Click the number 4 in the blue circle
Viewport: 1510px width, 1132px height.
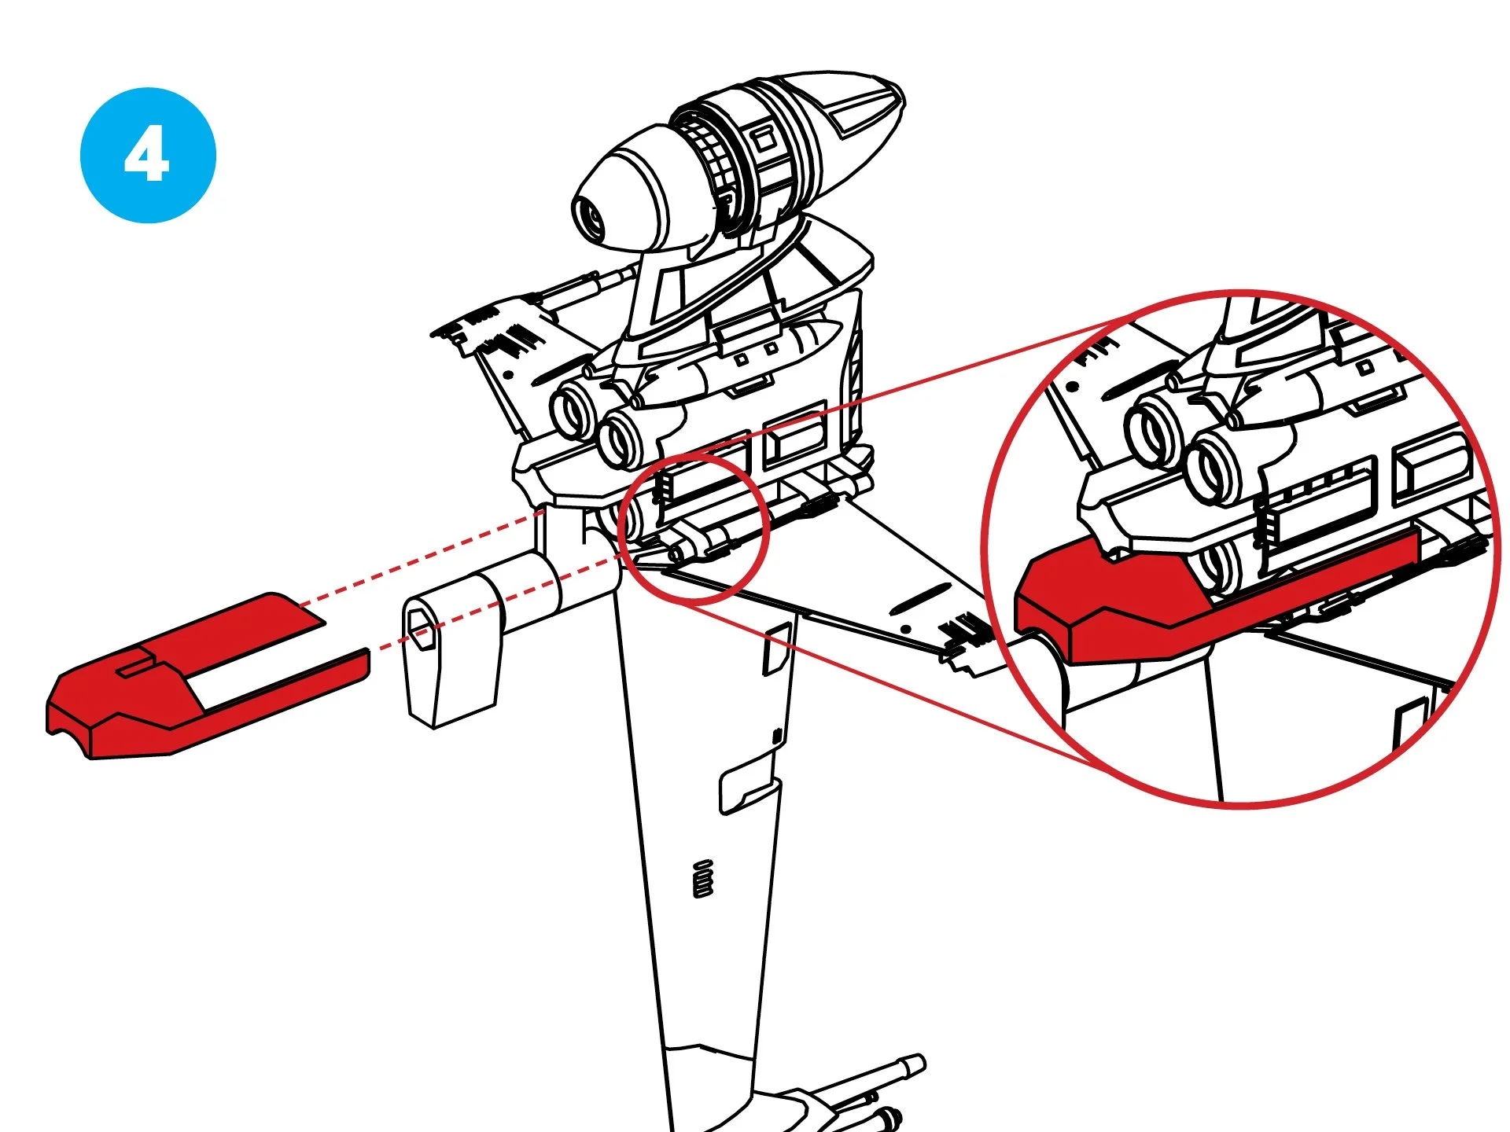(147, 154)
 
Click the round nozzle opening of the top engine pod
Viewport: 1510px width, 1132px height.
(591, 217)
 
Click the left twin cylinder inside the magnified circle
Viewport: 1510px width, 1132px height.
(1155, 432)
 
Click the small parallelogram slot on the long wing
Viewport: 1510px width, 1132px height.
(778, 649)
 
